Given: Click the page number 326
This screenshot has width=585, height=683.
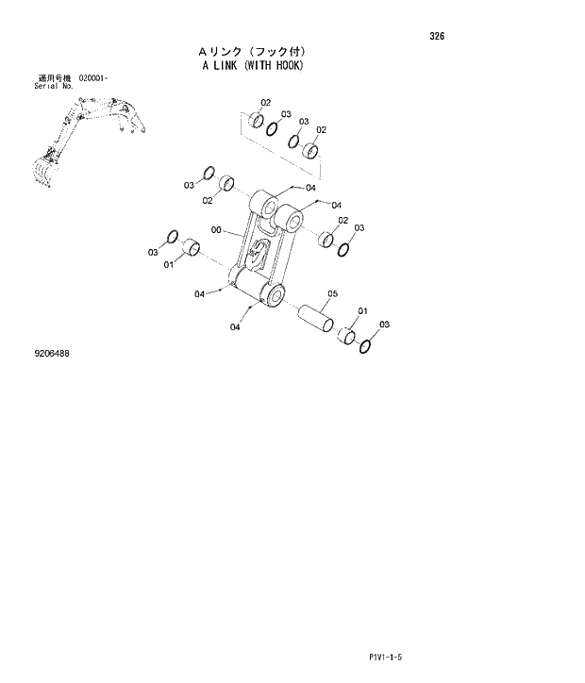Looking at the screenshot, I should (436, 37).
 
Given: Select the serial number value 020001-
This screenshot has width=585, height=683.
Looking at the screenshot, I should (95, 77).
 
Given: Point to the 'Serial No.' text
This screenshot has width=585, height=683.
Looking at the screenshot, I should (54, 85).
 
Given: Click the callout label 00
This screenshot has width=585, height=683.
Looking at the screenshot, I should (216, 229).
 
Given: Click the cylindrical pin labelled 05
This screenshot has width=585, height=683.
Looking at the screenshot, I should (317, 317).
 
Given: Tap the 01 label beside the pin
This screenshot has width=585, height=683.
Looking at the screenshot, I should (362, 311).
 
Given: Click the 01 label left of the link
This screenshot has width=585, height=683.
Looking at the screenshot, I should (168, 265).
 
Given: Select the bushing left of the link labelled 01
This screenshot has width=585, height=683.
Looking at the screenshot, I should (192, 249).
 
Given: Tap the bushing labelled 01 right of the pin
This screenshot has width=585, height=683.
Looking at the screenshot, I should (347, 336).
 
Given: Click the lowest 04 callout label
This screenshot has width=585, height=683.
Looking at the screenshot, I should (235, 327).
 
